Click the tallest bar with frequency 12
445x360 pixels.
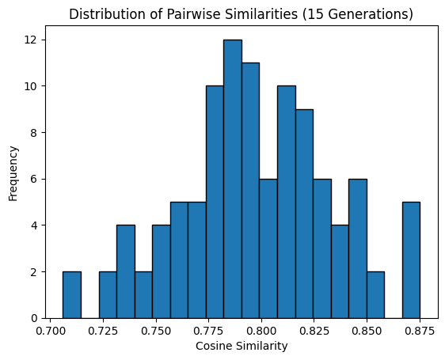click(232, 179)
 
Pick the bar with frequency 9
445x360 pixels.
click(304, 214)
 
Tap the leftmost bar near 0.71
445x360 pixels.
click(72, 295)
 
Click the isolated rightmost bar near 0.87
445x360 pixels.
click(411, 260)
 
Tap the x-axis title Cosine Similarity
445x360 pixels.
click(241, 347)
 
